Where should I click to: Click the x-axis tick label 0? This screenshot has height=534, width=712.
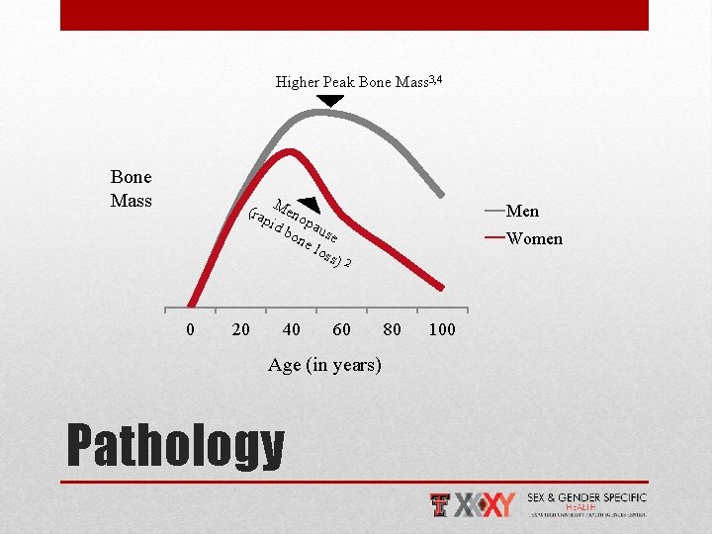click(191, 329)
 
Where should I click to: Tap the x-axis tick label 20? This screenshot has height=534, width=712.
click(240, 329)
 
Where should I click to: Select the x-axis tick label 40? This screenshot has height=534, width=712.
click(292, 329)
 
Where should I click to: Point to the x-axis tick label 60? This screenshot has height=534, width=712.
click(341, 329)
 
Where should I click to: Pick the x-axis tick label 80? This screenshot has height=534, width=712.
click(392, 329)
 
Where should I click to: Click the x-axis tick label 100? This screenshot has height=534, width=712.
click(442, 329)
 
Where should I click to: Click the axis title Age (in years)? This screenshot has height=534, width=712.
click(323, 365)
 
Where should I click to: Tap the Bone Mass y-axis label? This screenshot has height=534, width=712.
click(132, 189)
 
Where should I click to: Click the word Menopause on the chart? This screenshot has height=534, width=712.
click(308, 221)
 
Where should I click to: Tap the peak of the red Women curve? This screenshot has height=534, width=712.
click(290, 150)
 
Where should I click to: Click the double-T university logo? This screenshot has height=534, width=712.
click(442, 504)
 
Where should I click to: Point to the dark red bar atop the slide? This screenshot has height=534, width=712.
click(354, 15)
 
